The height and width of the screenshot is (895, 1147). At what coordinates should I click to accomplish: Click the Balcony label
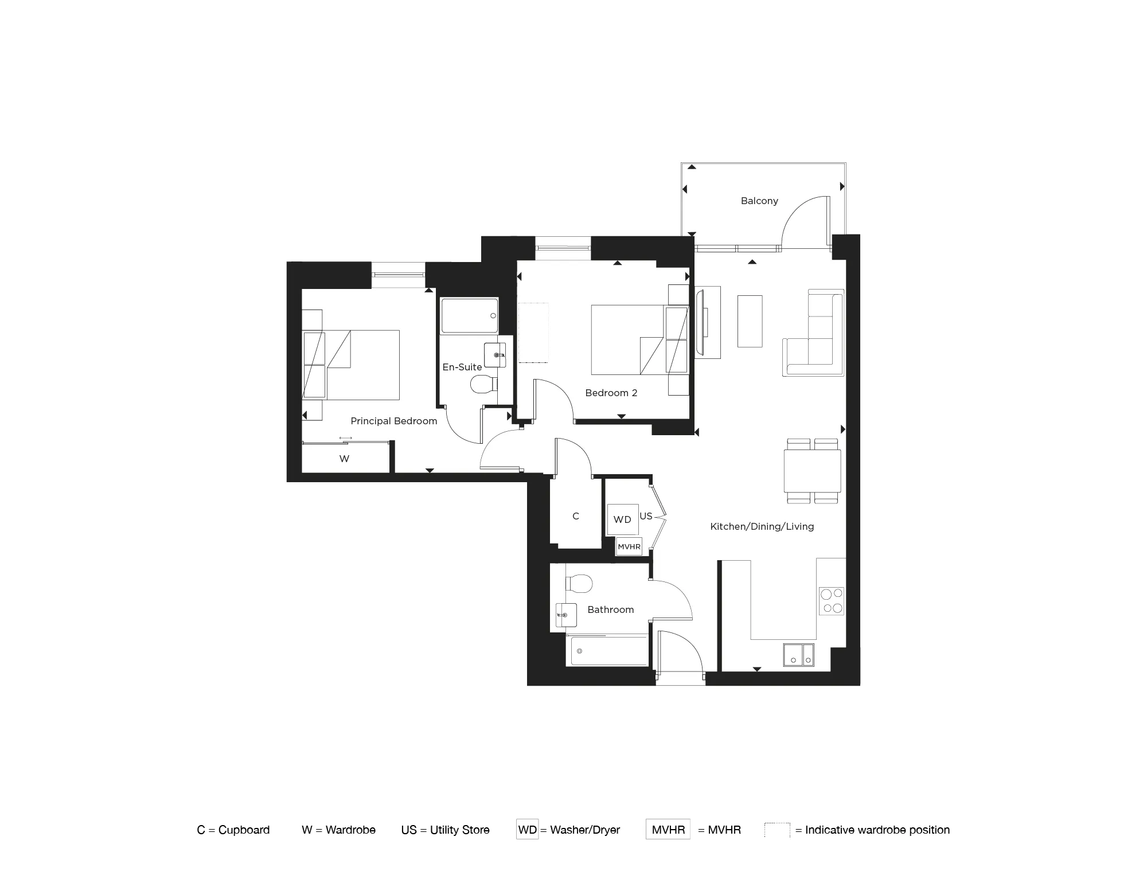759,201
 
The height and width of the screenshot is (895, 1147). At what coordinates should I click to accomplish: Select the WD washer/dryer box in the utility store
622,519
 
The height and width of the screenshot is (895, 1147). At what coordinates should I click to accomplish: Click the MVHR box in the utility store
629,547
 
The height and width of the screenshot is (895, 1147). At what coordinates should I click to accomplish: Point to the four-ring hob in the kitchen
831,601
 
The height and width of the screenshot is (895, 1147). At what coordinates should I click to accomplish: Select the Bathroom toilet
579,584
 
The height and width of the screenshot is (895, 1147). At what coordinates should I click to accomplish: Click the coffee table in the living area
750,321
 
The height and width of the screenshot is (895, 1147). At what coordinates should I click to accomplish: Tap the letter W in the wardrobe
344,459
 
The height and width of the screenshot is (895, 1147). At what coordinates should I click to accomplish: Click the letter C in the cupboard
576,516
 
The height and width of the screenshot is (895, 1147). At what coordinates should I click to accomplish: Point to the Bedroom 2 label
611,393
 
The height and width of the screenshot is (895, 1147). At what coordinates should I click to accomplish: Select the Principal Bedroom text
394,421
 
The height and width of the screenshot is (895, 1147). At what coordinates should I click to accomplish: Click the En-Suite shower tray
469,315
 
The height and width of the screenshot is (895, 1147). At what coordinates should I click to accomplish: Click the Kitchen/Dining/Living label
762,526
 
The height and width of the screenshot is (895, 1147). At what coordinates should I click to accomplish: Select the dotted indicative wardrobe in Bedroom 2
533,333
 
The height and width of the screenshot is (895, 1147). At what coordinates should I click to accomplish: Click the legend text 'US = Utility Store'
446,830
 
